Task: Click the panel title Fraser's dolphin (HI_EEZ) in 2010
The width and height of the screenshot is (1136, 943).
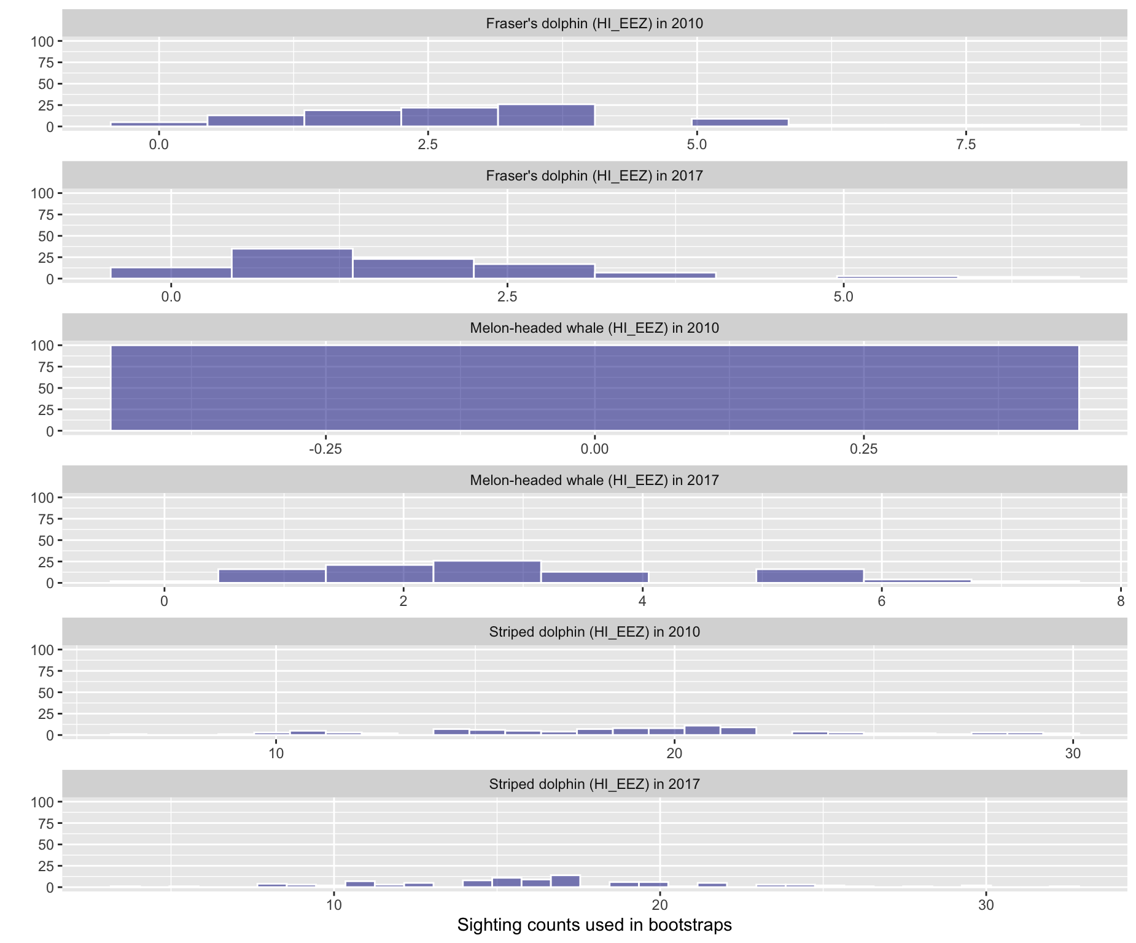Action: tap(594, 23)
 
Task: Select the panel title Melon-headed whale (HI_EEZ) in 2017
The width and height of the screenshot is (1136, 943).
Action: tap(594, 480)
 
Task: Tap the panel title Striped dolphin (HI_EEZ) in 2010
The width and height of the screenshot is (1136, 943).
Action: tap(594, 632)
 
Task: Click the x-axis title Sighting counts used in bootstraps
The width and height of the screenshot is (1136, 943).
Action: tap(594, 925)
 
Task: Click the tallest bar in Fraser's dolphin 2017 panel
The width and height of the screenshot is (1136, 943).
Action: tap(292, 264)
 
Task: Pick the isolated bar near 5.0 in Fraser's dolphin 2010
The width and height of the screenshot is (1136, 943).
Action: tap(739, 123)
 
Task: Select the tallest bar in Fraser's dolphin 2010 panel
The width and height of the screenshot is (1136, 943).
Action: tap(546, 116)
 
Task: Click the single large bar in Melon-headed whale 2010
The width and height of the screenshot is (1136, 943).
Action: tap(594, 388)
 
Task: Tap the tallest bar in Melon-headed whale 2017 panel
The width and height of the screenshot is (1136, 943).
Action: tap(487, 572)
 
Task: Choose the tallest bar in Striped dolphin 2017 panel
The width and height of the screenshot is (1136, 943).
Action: tap(565, 882)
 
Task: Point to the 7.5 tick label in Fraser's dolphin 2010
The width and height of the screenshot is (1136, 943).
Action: tap(965, 145)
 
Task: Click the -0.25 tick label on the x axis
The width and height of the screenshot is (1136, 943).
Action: tap(325, 449)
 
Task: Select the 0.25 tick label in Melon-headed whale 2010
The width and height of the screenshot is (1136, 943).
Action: tap(863, 449)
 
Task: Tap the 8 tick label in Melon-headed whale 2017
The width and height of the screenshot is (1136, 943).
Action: tap(1120, 601)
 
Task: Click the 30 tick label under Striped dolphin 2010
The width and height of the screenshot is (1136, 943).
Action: tap(1072, 753)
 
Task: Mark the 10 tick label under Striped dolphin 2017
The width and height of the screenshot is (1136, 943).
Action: tap(333, 906)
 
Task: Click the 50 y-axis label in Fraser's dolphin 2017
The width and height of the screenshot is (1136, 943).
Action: tap(45, 236)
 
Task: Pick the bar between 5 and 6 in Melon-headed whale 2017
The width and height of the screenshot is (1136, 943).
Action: tap(809, 576)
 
